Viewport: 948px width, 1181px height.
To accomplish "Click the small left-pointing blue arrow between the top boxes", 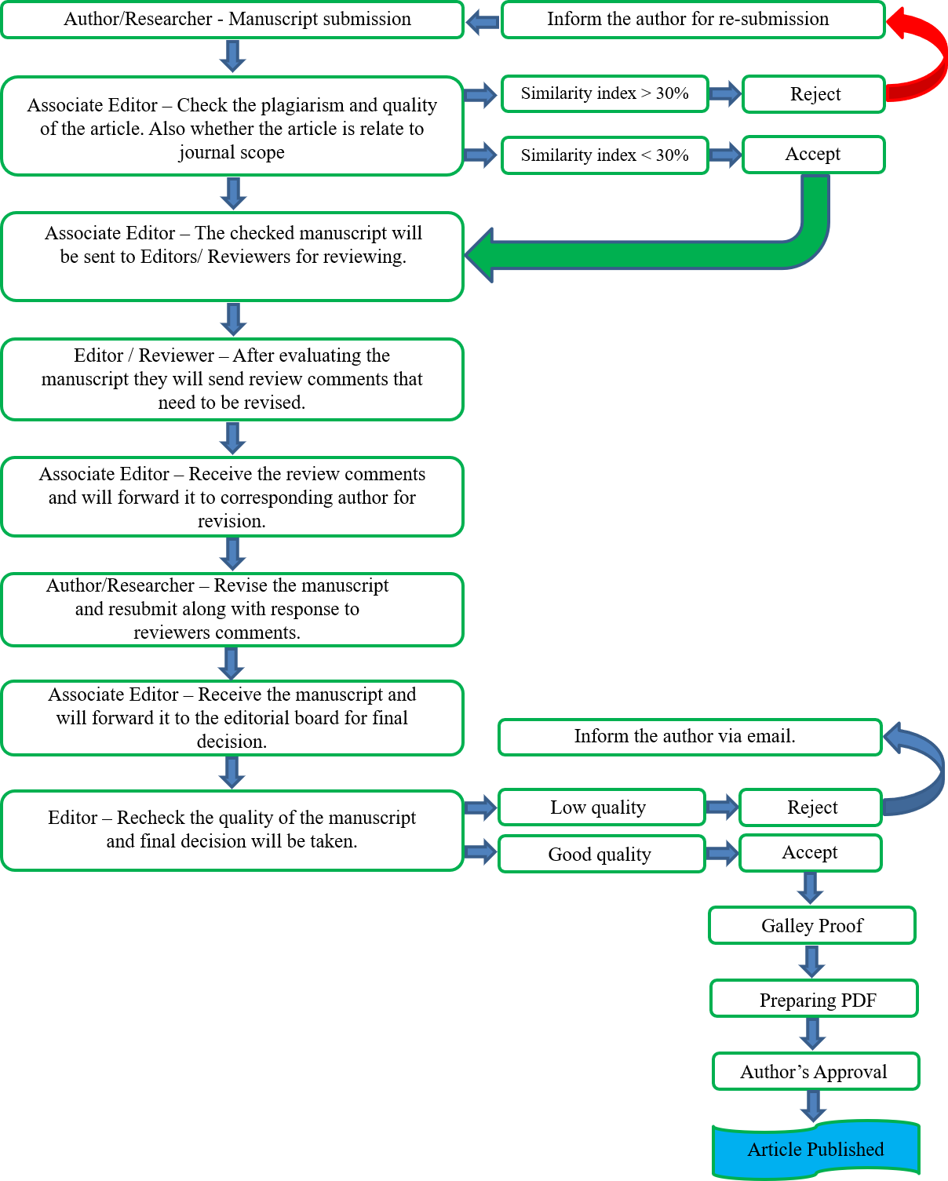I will click(x=483, y=22).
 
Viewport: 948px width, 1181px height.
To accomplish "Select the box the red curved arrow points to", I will click(x=693, y=20).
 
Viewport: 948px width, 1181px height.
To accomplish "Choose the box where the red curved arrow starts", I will click(x=813, y=94).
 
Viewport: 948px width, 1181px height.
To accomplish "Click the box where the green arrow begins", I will click(x=813, y=155).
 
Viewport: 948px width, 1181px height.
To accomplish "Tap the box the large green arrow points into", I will click(x=232, y=257).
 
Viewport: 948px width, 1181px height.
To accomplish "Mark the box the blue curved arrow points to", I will click(x=690, y=738).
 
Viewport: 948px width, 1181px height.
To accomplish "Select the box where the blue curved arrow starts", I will click(x=810, y=807).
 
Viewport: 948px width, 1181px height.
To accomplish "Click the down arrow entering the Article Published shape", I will click(x=814, y=1106).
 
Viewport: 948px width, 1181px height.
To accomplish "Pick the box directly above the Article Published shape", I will click(x=815, y=1071).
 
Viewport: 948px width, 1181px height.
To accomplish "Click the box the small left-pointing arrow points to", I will click(x=232, y=20).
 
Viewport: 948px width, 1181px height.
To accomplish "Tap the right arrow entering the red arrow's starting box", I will click(x=725, y=94).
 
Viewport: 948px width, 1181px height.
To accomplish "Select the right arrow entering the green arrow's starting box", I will click(x=725, y=155).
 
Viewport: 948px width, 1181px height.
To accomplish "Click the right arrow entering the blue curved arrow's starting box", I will click(x=722, y=806).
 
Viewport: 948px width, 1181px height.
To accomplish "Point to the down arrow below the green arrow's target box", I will click(x=233, y=319).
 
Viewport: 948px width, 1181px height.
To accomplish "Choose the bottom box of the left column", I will click(x=232, y=831).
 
